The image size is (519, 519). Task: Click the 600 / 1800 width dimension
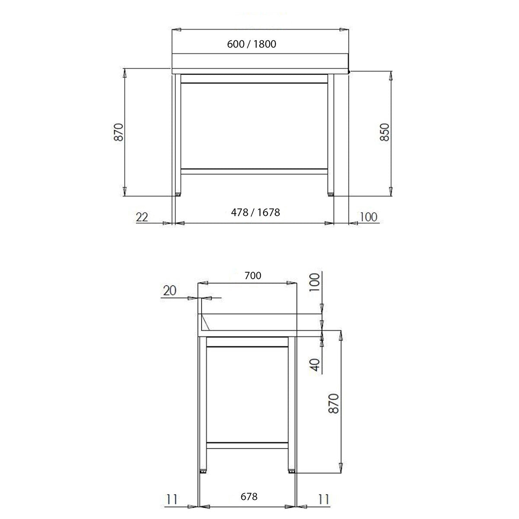point(251,44)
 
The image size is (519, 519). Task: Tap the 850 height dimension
point(384,132)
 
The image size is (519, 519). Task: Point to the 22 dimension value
point(142,217)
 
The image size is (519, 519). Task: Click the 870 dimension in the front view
point(120,132)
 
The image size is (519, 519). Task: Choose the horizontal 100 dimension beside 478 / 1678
point(368,217)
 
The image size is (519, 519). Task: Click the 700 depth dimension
point(253,276)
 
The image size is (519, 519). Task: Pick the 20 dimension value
point(170,291)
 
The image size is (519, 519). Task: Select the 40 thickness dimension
point(315,365)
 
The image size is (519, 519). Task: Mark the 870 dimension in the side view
point(333,404)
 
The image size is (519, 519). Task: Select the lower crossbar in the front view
point(254,171)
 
